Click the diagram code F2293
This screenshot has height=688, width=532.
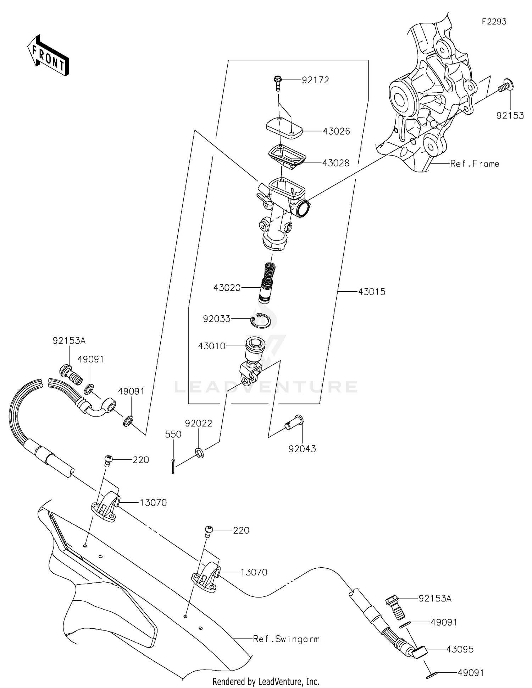494,22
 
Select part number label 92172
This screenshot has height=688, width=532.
315,80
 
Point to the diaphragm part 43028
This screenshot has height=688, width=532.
287,156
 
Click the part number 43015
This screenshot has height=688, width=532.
371,292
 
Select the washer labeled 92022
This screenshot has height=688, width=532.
199,453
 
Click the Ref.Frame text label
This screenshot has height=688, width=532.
475,164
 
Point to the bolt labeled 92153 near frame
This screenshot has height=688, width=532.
506,86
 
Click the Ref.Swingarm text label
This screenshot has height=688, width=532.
286,639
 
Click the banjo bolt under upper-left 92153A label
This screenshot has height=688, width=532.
70,373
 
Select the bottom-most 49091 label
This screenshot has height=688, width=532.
470,673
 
